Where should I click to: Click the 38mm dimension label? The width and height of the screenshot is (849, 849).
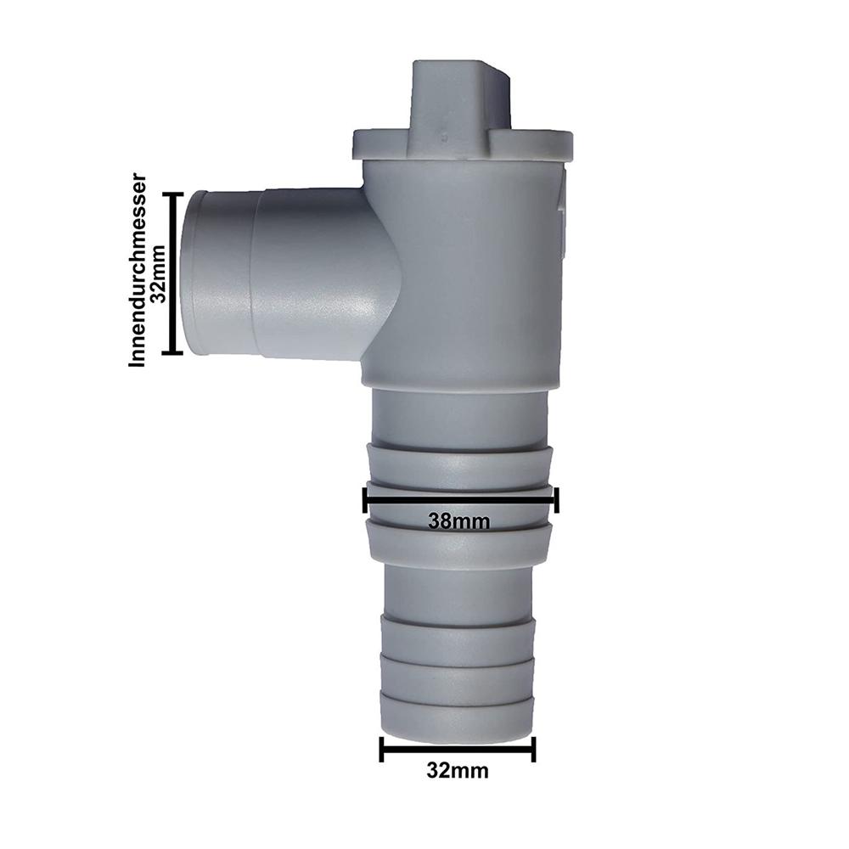click(x=458, y=521)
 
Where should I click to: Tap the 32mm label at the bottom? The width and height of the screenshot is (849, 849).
click(x=458, y=771)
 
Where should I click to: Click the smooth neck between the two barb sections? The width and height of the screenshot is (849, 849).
click(x=458, y=590)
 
